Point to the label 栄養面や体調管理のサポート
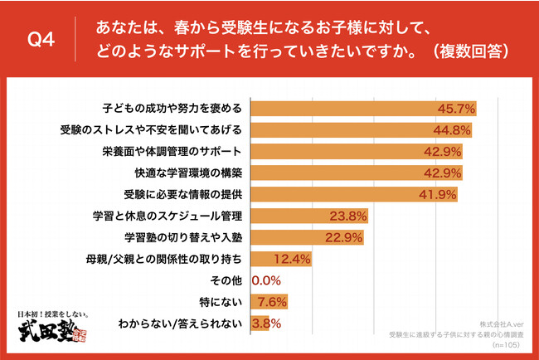click(x=173, y=152)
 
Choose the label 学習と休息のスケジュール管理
click(x=168, y=216)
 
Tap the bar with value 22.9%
click(x=303, y=237)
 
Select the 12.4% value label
click(x=291, y=260)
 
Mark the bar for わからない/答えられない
click(x=254, y=324)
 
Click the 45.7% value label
click(x=457, y=109)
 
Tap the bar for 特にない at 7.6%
click(x=257, y=302)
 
